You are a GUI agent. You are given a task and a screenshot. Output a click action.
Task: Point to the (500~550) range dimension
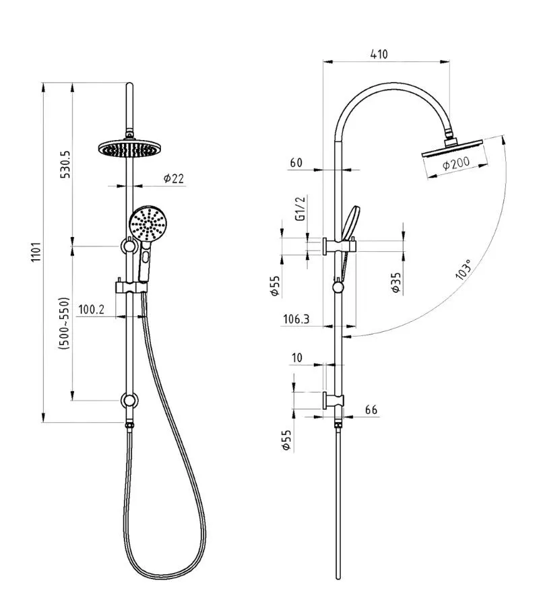pos(65,322)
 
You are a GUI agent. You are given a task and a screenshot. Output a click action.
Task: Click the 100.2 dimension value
pos(91,310)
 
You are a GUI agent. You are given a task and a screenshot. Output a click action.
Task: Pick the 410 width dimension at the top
pos(379,55)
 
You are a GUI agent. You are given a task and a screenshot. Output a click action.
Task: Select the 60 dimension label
pos(296,163)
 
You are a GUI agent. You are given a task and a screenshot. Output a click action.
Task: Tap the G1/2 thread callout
pos(301,209)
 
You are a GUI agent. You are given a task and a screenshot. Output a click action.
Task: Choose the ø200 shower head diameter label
pos(456,164)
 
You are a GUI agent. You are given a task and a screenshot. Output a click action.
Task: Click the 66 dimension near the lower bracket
pos(370,409)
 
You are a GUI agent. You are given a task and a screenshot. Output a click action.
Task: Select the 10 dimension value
pos(297,357)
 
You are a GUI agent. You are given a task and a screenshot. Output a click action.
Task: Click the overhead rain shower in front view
pos(127,147)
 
